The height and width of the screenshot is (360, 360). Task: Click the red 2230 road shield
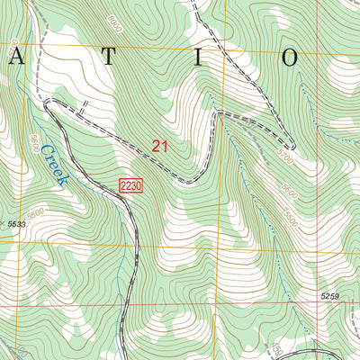pyautogui.click(x=130, y=184)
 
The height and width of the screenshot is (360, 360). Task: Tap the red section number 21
pyautogui.click(x=160, y=147)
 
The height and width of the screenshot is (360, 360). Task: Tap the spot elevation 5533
pyautogui.click(x=15, y=223)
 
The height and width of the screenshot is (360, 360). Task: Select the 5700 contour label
pyautogui.click(x=285, y=158)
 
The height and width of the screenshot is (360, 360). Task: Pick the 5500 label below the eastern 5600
pyautogui.click(x=290, y=217)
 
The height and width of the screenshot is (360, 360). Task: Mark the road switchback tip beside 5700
pyautogui.click(x=292, y=146)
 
